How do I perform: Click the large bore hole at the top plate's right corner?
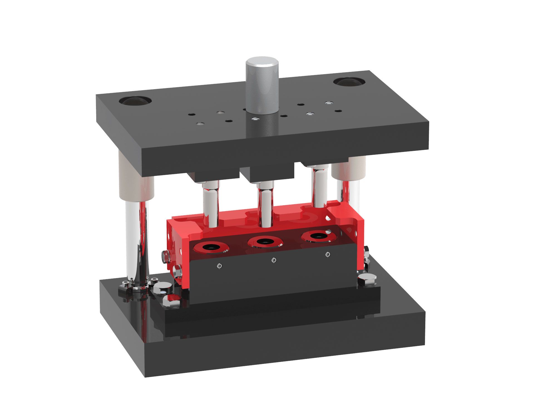tap(349, 82)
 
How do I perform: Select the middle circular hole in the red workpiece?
tap(264, 241)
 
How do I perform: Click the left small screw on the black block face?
tap(219, 266)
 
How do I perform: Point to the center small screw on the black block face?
tap(274, 260)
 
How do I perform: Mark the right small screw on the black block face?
tap(328, 254)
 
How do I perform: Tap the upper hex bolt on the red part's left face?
tap(166, 256)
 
